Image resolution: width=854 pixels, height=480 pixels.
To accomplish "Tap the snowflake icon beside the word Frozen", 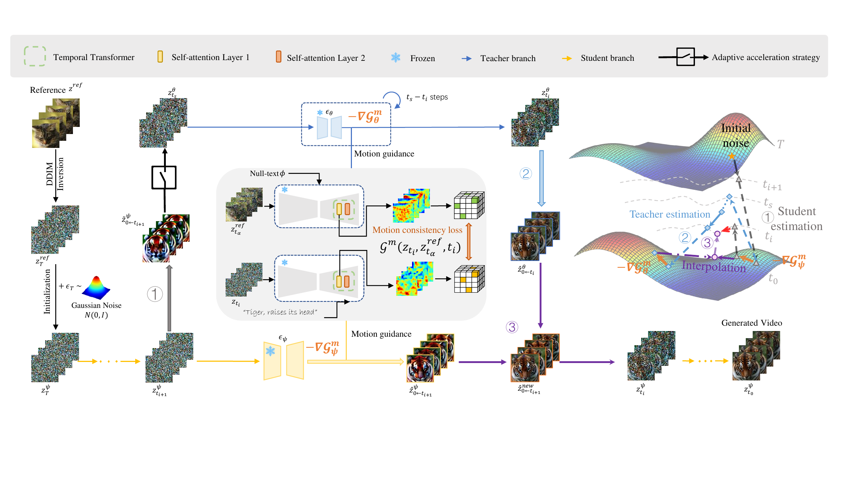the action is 396,58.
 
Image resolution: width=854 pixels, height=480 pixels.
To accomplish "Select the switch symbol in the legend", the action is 685,57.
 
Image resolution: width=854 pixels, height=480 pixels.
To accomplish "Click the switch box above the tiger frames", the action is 164,177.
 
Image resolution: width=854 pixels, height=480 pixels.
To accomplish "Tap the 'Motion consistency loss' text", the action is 417,230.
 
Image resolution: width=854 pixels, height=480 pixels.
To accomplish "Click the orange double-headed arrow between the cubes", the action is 469,241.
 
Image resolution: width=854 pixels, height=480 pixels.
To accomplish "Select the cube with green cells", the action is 469,205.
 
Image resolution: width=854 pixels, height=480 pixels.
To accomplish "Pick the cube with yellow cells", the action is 469,279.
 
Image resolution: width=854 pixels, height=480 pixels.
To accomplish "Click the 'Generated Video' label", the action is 752,323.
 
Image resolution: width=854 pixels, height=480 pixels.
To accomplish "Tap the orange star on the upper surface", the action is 732,156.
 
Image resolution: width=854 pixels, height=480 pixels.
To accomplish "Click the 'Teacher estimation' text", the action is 670,214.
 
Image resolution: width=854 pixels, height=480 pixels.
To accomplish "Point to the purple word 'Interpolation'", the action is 714,266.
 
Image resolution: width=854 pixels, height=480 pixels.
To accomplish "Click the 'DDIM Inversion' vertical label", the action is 55,174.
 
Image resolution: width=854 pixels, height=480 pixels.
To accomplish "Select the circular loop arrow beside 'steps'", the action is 392,100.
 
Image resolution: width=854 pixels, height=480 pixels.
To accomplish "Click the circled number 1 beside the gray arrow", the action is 155,294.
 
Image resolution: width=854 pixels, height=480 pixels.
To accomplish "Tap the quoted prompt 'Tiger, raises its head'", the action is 280,312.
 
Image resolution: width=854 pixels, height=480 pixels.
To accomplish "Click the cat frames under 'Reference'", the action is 56,123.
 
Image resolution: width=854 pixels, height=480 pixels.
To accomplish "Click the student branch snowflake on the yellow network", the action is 270,351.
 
